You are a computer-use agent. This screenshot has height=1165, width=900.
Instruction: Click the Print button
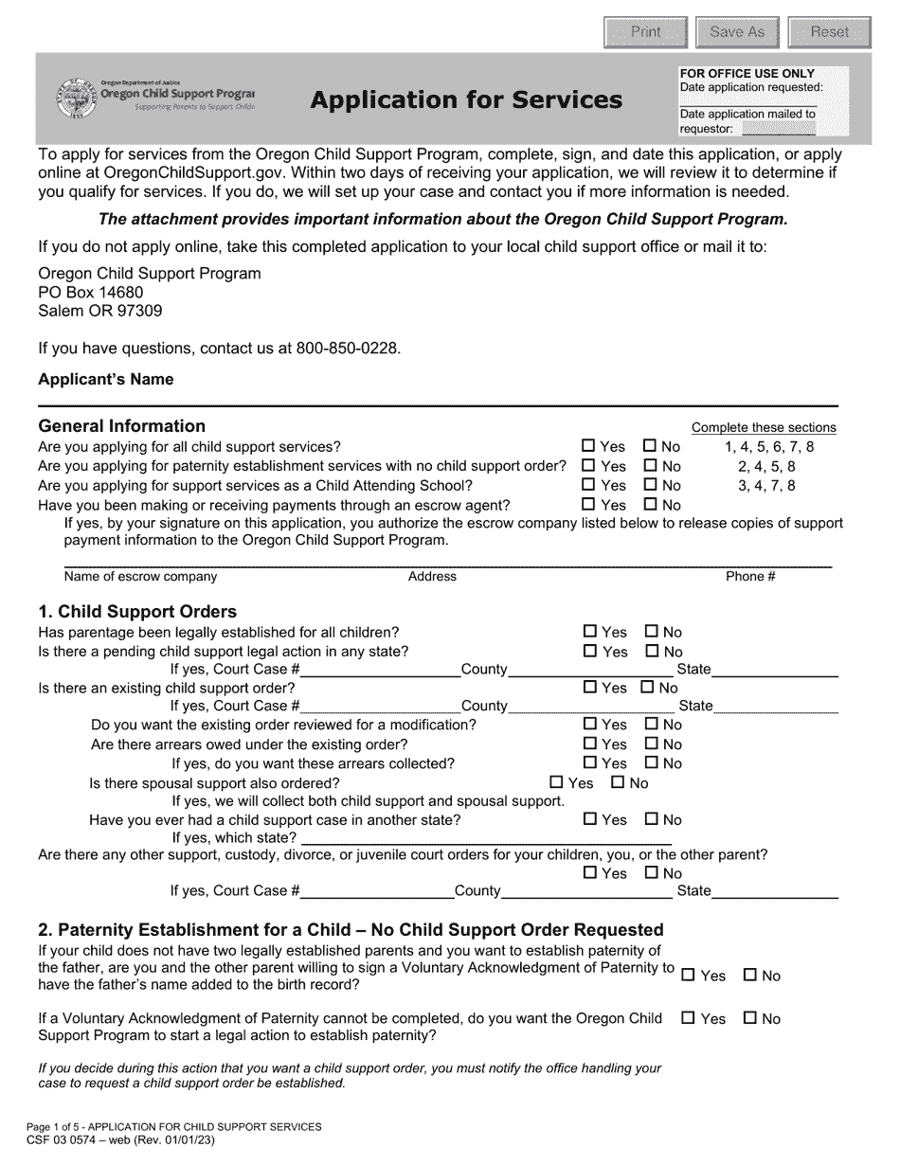(645, 32)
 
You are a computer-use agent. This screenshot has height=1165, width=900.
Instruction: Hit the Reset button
(829, 32)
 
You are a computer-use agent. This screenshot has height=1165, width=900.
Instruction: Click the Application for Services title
(466, 99)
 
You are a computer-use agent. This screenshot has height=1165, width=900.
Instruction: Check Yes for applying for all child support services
(589, 446)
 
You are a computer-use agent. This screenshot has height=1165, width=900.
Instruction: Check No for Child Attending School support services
(651, 485)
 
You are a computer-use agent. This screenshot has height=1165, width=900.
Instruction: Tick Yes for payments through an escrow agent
(589, 505)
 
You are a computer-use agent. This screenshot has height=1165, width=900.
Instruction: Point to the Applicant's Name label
(106, 380)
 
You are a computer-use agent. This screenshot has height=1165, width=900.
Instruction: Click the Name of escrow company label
(140, 577)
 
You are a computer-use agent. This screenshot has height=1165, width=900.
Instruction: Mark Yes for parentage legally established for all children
(590, 632)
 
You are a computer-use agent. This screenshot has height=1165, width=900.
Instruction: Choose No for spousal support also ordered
(619, 782)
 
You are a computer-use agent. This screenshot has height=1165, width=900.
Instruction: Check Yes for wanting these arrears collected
(590, 762)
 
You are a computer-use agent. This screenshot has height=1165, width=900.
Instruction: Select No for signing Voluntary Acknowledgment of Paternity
(750, 975)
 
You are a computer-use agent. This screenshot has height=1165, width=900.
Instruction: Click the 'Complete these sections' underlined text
(764, 427)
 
